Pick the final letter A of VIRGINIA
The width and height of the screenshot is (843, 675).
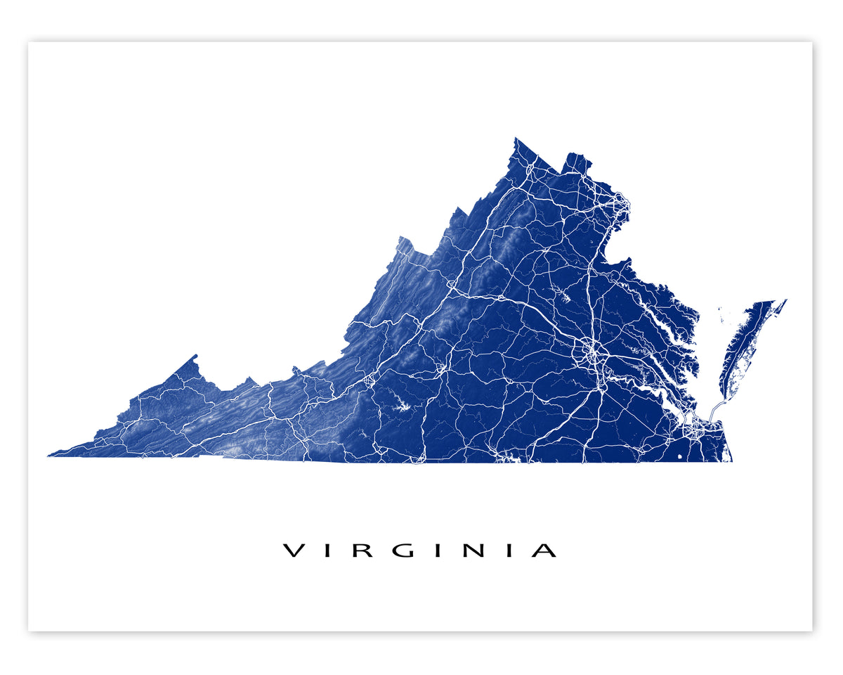(x=544, y=551)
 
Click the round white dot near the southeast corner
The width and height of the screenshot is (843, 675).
(x=679, y=457)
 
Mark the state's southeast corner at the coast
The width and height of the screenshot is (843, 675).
(x=731, y=461)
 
